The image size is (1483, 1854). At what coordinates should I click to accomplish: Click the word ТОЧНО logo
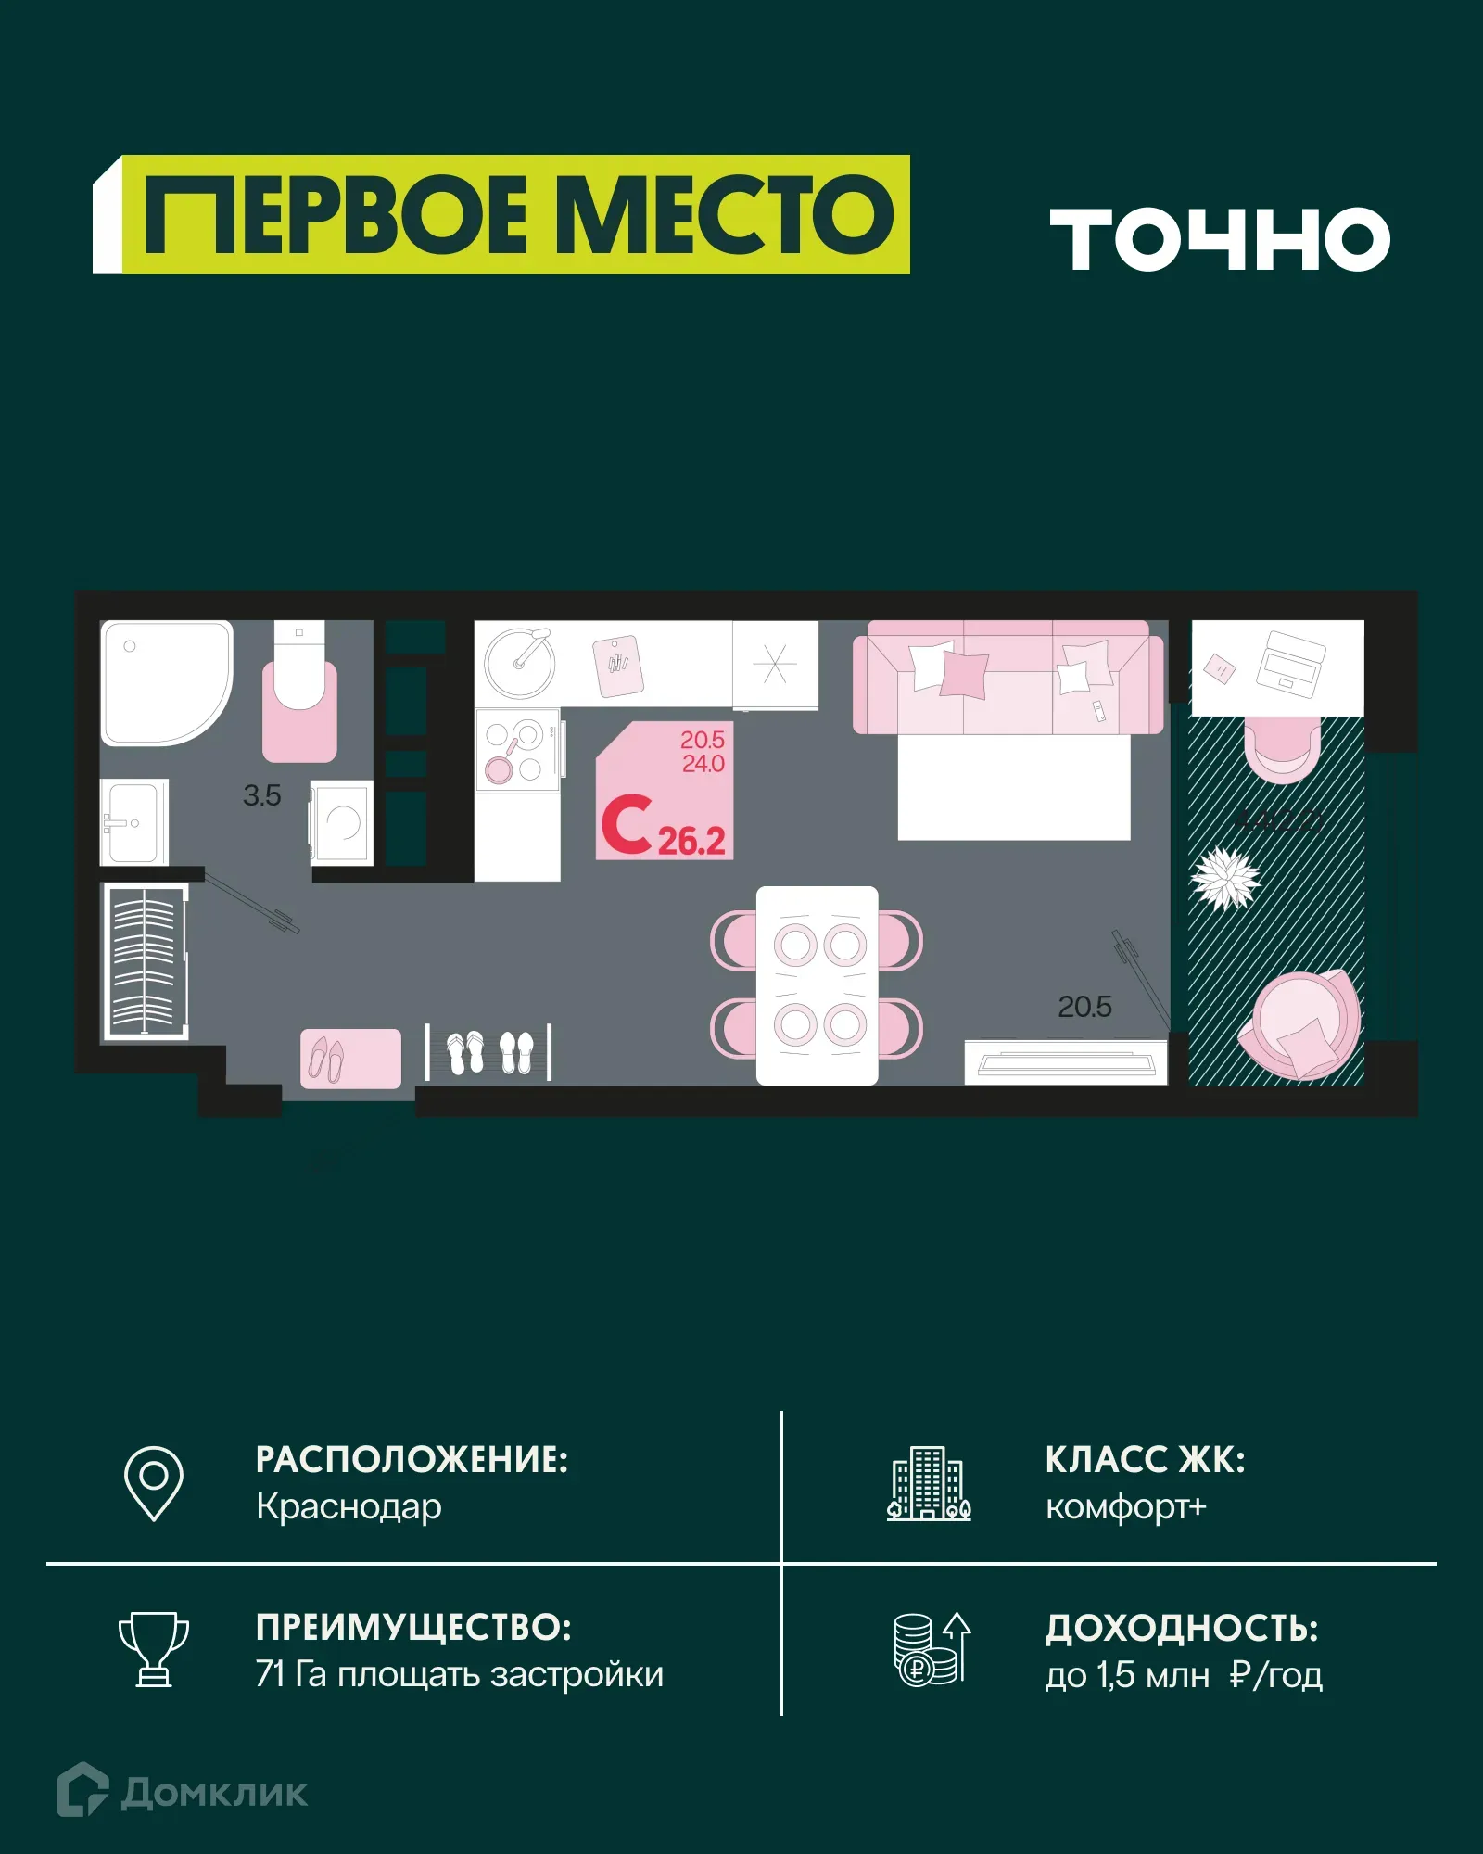[x=1219, y=239]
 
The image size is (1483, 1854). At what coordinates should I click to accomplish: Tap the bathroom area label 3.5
[x=261, y=795]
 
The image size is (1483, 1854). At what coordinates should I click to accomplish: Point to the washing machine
[x=342, y=822]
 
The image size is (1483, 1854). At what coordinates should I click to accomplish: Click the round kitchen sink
[x=519, y=663]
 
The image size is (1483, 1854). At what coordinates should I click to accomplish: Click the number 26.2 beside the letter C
[x=691, y=841]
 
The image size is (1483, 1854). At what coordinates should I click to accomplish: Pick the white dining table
[x=817, y=985]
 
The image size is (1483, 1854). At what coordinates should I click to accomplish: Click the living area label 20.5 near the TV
[x=1084, y=1007]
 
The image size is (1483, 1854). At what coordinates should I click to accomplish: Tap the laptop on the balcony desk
[x=1290, y=664]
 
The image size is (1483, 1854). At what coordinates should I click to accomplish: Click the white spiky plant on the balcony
[x=1225, y=878]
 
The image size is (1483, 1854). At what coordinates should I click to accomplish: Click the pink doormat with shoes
[x=350, y=1058]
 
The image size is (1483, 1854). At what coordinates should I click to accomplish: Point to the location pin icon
[x=154, y=1483]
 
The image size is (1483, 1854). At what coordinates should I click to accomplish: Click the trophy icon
[x=154, y=1649]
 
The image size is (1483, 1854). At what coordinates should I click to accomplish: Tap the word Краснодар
[x=349, y=1507]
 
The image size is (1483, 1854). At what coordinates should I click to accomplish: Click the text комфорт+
[x=1125, y=1507]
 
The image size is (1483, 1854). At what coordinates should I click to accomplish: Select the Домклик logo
[x=183, y=1792]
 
